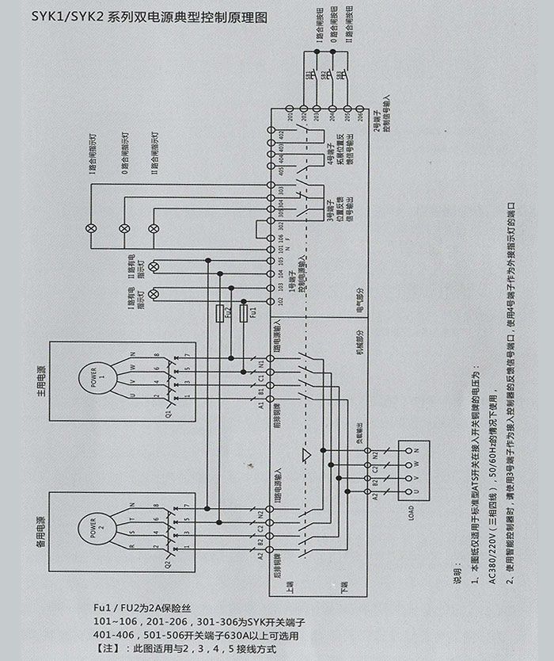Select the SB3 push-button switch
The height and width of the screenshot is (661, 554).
[x=342, y=75]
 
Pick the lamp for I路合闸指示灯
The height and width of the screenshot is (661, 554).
[x=90, y=228]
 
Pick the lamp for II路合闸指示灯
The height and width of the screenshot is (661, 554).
[x=157, y=228]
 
